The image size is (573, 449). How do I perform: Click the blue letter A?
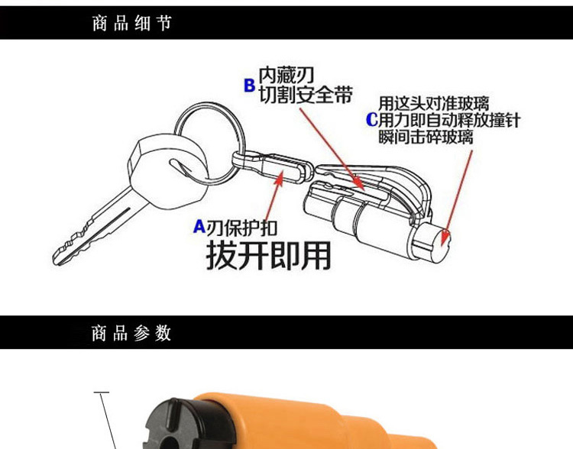click(x=199, y=227)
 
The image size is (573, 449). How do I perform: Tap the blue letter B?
click(x=249, y=85)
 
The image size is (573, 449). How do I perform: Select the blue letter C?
click(x=371, y=120)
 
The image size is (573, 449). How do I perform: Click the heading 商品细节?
click(x=131, y=23)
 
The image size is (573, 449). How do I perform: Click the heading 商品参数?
click(x=131, y=333)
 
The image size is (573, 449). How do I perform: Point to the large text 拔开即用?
click(x=269, y=256)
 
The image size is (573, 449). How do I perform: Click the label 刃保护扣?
click(x=242, y=228)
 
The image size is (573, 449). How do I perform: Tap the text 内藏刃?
click(x=286, y=76)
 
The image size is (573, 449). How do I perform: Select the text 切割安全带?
click(x=306, y=95)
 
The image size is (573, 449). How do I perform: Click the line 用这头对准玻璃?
click(x=434, y=103)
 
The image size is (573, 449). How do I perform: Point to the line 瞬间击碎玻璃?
click(x=426, y=137)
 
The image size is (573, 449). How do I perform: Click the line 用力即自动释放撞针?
click(x=449, y=120)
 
